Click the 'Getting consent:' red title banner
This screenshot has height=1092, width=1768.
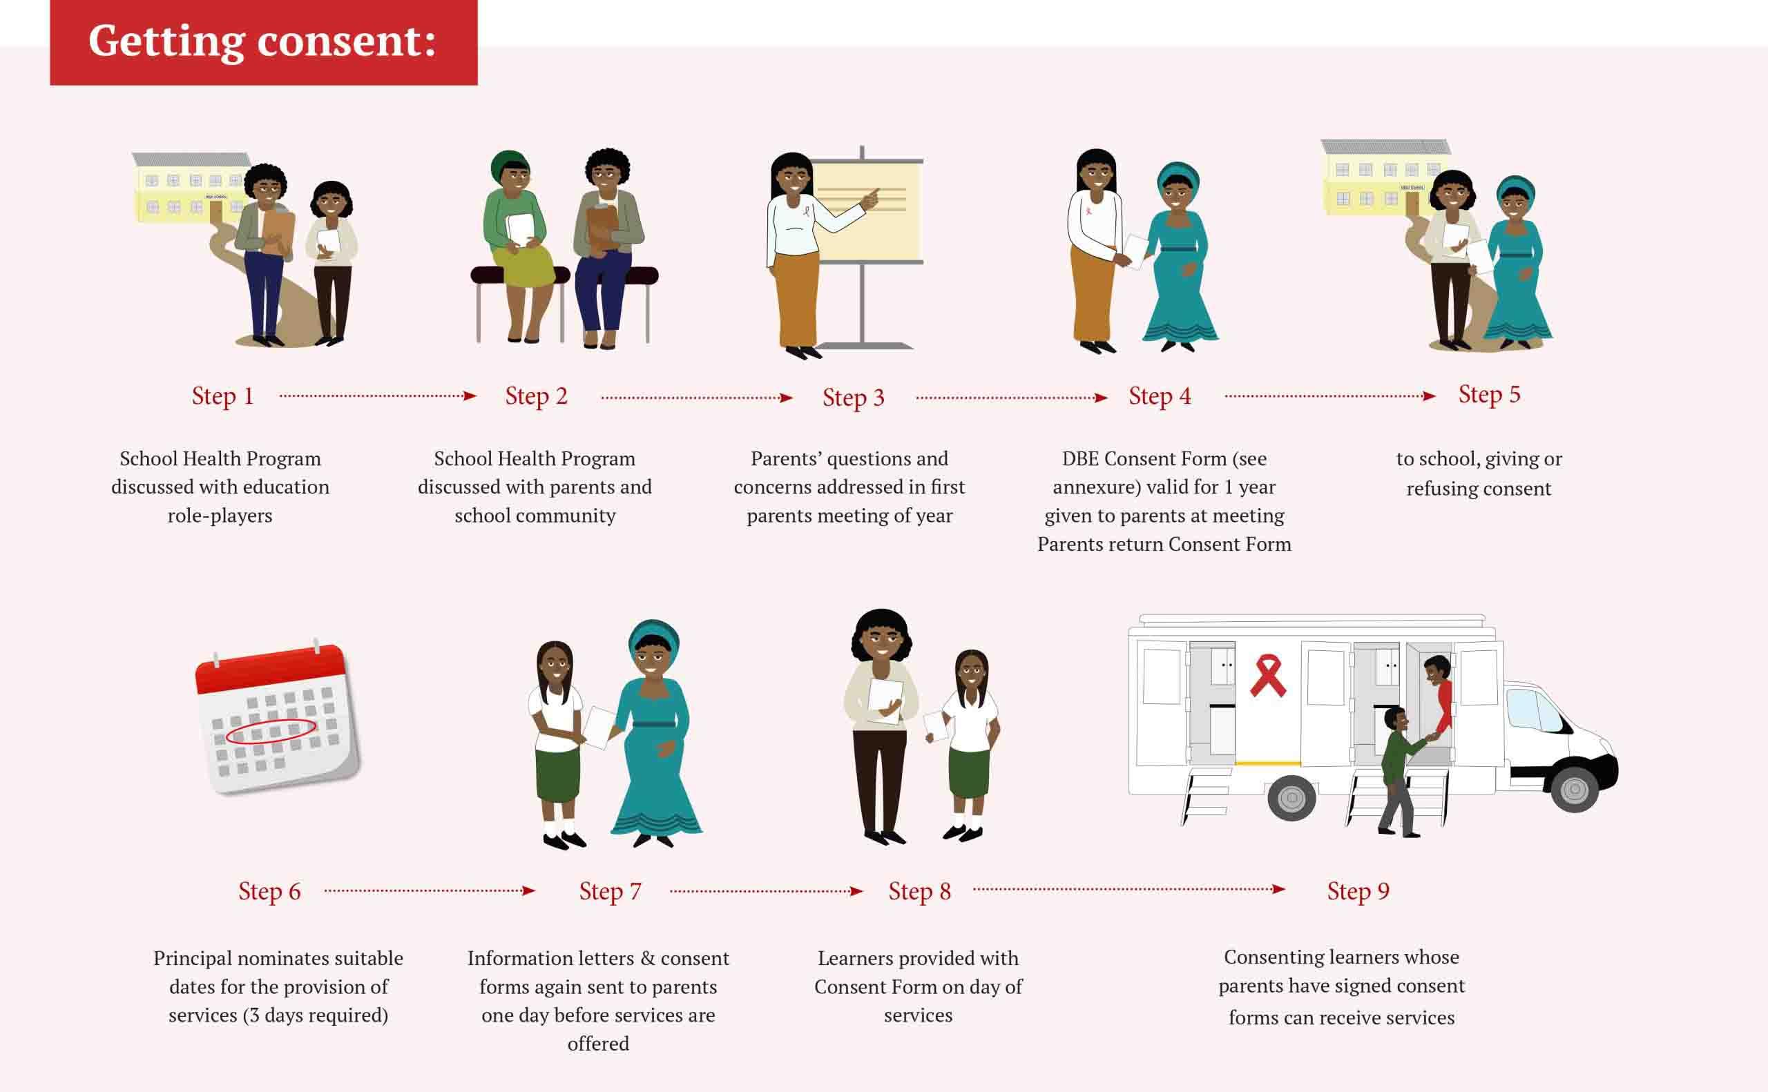[264, 42]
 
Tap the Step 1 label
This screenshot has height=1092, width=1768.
[222, 396]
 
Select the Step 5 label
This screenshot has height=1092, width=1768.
[1489, 394]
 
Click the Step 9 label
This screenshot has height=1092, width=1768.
[1358, 891]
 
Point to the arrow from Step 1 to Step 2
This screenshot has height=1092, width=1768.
[378, 396]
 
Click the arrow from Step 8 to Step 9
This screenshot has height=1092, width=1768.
[1128, 889]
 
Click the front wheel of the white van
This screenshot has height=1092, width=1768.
[1575, 789]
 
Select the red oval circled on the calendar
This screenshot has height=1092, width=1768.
[270, 732]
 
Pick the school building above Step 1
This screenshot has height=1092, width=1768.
[190, 186]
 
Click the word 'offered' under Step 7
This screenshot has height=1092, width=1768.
[598, 1044]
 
